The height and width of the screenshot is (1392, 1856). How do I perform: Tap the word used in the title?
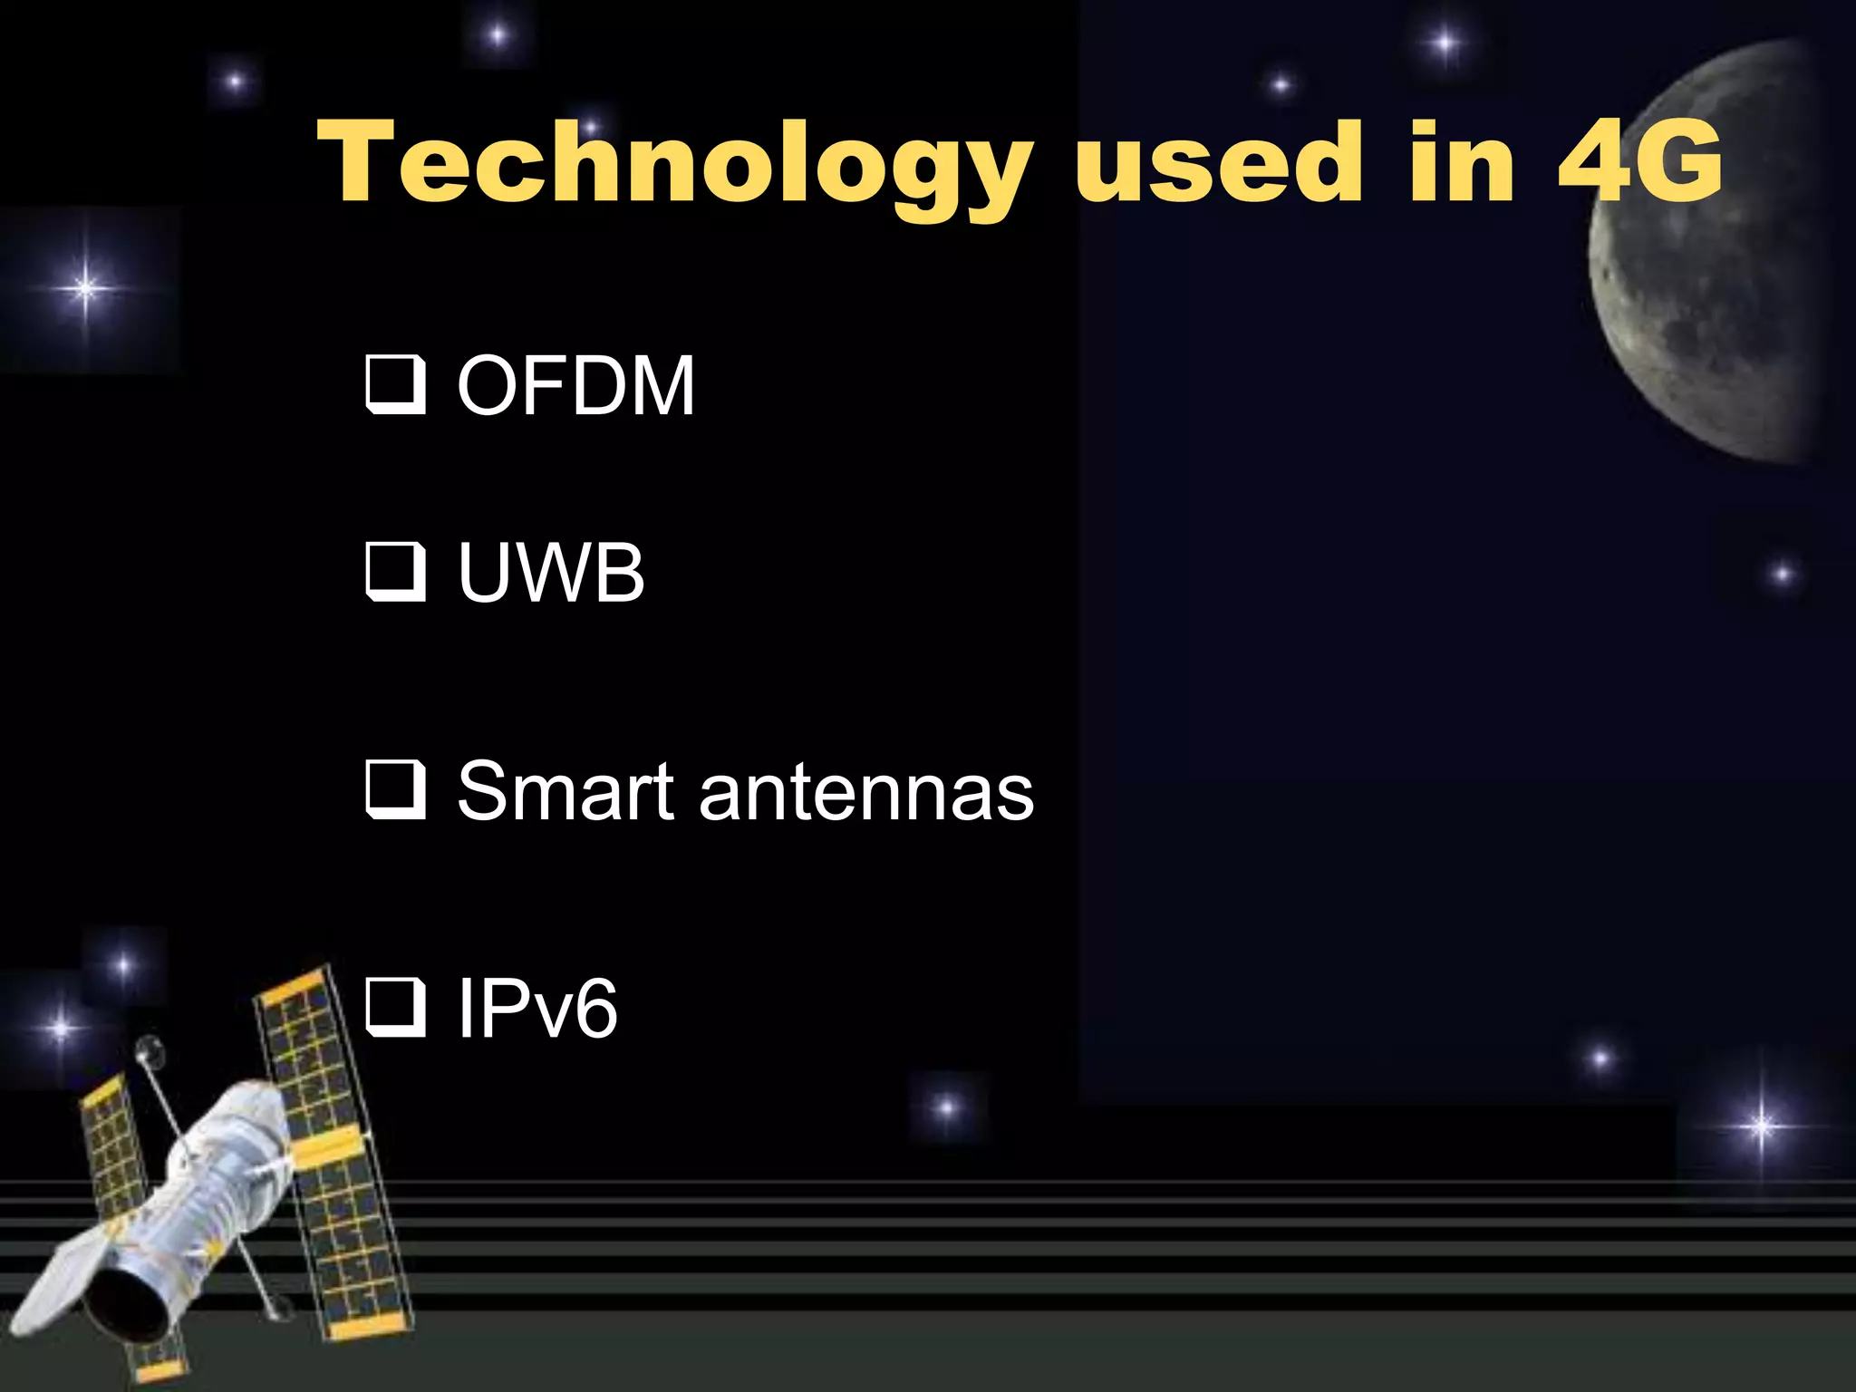pyautogui.click(x=1219, y=163)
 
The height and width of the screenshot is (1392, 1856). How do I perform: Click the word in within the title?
pyautogui.click(x=1461, y=163)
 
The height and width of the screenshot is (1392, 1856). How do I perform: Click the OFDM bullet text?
pyautogui.click(x=576, y=386)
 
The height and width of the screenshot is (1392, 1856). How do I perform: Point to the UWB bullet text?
pyautogui.click(x=551, y=573)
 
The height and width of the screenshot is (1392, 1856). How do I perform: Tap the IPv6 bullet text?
pyautogui.click(x=537, y=1008)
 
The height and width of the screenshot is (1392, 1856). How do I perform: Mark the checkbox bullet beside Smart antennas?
pyautogui.click(x=395, y=790)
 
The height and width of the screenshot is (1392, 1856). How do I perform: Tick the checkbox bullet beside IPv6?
pyautogui.click(x=395, y=1008)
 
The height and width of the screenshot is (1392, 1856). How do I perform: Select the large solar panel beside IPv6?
pyautogui.click(x=331, y=1151)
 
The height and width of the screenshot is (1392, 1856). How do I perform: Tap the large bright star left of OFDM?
pyautogui.click(x=84, y=289)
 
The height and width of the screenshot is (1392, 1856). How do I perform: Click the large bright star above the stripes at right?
pyautogui.click(x=1762, y=1126)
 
